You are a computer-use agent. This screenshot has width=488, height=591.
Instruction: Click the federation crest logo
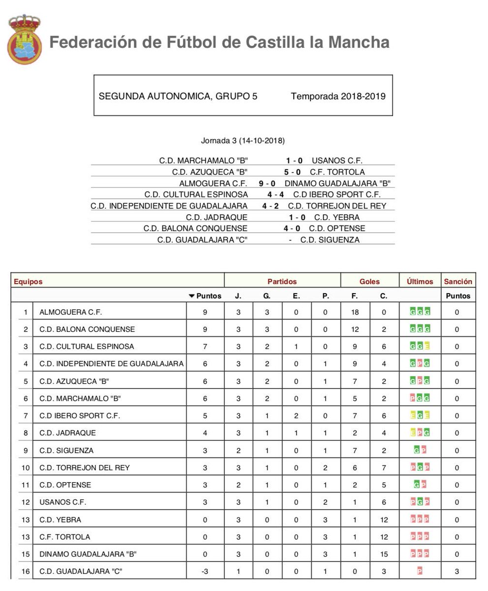pos(24,40)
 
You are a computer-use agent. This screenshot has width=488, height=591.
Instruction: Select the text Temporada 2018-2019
pos(338,96)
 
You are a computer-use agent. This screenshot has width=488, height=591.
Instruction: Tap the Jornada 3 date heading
pos(243,140)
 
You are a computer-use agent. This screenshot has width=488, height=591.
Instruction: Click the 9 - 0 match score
pos(267,183)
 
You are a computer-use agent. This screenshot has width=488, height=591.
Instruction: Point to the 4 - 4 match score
pos(275,195)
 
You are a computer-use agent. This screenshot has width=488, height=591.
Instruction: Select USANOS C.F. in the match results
pos(337,161)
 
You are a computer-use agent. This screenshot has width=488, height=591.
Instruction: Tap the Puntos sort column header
pos(205,296)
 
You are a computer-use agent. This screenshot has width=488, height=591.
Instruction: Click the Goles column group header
pos(369,281)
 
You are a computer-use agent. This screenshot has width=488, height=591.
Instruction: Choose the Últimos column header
pos(420,281)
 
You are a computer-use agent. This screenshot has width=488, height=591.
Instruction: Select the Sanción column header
pos(458,281)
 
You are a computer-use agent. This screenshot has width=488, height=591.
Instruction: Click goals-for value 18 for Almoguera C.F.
pos(355,312)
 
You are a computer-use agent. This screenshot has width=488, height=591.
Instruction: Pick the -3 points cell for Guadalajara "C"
pos(205,571)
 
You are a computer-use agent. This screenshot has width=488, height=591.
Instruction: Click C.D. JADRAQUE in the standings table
pos(67,433)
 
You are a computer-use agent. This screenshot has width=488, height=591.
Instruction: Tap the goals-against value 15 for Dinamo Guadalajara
pos(384,554)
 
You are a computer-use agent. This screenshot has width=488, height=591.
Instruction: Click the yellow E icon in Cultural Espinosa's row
pos(427,346)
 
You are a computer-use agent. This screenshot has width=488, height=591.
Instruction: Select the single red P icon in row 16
pos(420,571)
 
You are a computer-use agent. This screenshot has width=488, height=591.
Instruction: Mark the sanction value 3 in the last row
pos(457,571)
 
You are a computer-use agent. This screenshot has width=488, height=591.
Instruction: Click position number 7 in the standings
pos(26,416)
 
